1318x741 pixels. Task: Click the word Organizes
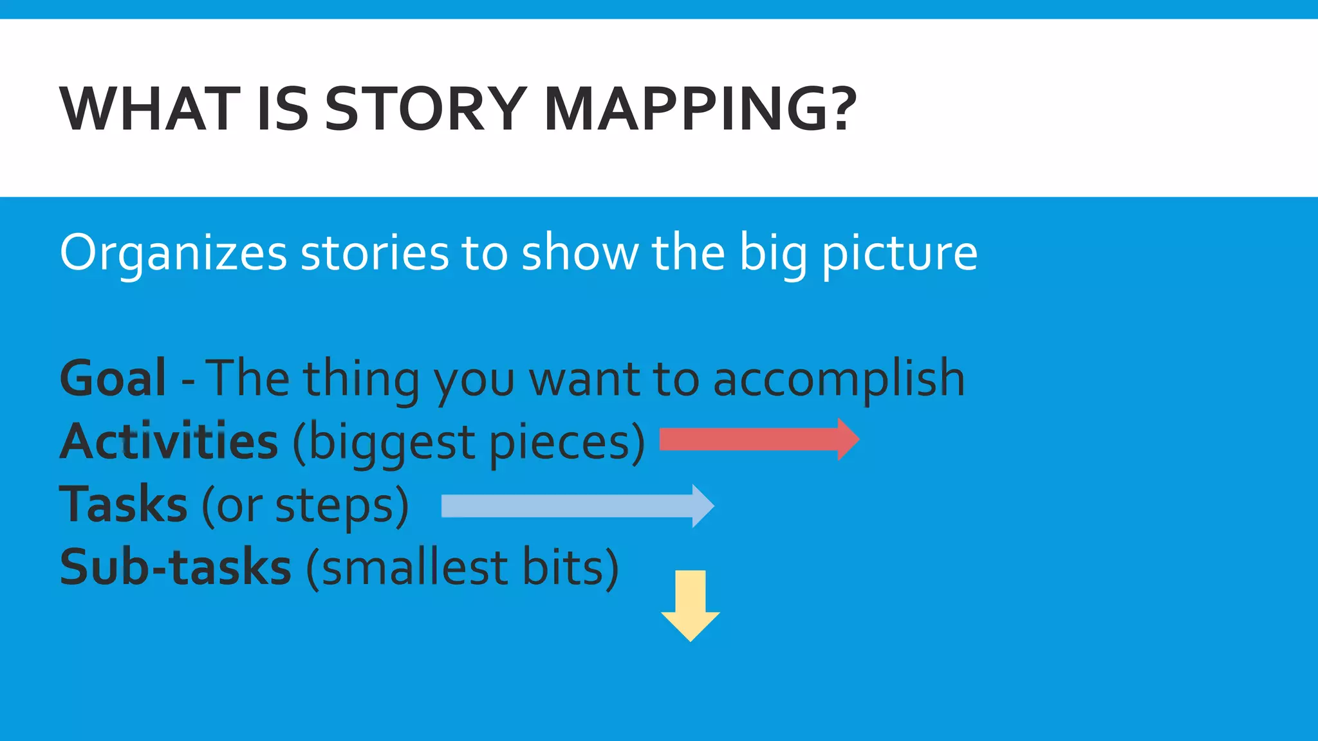pyautogui.click(x=173, y=253)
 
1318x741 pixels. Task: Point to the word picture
pyautogui.click(x=900, y=253)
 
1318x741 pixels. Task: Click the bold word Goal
pyautogui.click(x=113, y=378)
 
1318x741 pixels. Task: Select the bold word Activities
pyautogui.click(x=169, y=441)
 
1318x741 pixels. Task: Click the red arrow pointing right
pyautogui.click(x=759, y=439)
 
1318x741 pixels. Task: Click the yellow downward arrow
pyautogui.click(x=691, y=605)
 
